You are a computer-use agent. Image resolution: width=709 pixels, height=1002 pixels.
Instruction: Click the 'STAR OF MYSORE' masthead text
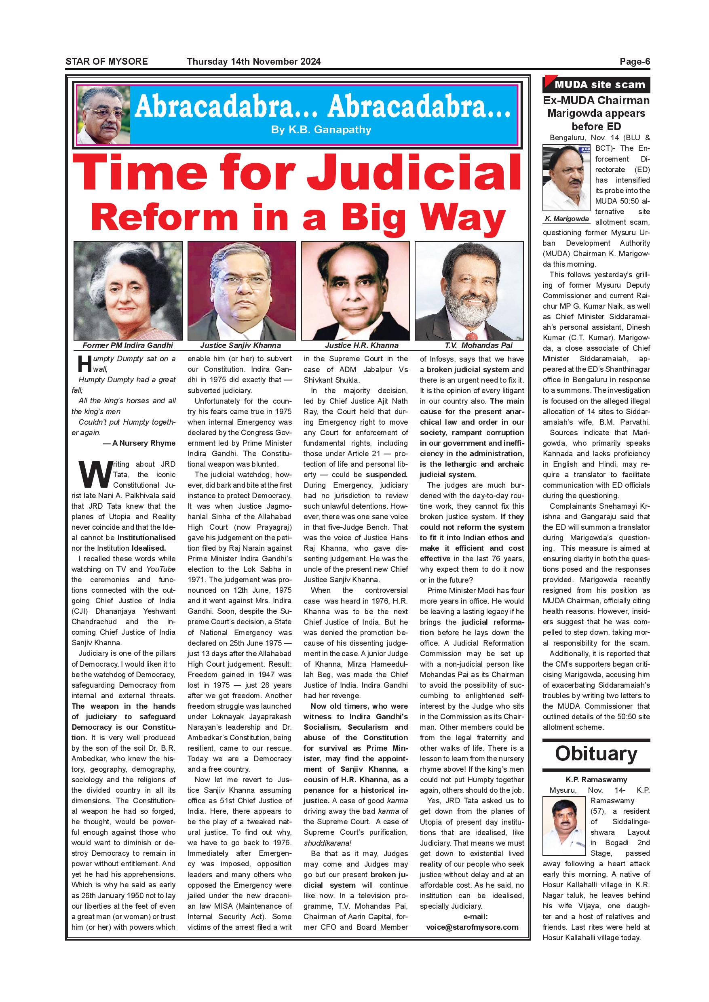pyautogui.click(x=107, y=61)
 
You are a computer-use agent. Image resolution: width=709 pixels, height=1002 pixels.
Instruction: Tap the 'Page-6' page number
pyautogui.click(x=635, y=61)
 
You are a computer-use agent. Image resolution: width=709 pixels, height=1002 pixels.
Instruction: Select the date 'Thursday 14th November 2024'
pyautogui.click(x=254, y=61)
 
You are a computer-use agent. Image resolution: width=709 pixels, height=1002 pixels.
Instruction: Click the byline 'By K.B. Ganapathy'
pyautogui.click(x=321, y=130)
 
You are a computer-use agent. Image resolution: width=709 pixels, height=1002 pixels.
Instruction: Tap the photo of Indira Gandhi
pyautogui.click(x=128, y=290)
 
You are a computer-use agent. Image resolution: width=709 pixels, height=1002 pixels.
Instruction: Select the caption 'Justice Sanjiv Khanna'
pyautogui.click(x=241, y=345)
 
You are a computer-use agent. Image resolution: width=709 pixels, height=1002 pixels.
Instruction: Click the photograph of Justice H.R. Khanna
pyautogui.click(x=355, y=290)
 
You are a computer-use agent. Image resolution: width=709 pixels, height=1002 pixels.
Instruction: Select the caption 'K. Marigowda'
pyautogui.click(x=567, y=219)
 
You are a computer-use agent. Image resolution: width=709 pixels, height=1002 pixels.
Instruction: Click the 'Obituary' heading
pyautogui.click(x=596, y=754)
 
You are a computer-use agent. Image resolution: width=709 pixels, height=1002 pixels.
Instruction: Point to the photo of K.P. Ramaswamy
pyautogui.click(x=563, y=825)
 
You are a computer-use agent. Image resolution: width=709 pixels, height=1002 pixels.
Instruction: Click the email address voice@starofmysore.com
pyautogui.click(x=472, y=927)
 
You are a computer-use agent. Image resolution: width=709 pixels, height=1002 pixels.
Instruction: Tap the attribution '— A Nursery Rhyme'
pyautogui.click(x=139, y=443)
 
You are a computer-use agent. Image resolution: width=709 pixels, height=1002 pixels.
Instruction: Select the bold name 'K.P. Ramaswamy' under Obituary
pyautogui.click(x=596, y=779)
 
